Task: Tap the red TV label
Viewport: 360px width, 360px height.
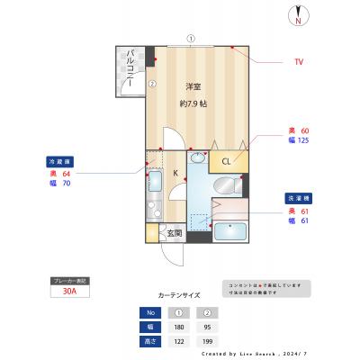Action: (298, 62)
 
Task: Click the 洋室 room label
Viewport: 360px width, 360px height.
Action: (193, 87)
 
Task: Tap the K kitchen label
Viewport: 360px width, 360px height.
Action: (175, 172)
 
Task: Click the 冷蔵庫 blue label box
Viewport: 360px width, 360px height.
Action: (60, 161)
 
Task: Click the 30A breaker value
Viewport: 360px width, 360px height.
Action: (70, 292)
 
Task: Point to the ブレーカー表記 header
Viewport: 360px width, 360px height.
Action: (70, 281)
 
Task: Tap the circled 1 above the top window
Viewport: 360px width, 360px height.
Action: (191, 38)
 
